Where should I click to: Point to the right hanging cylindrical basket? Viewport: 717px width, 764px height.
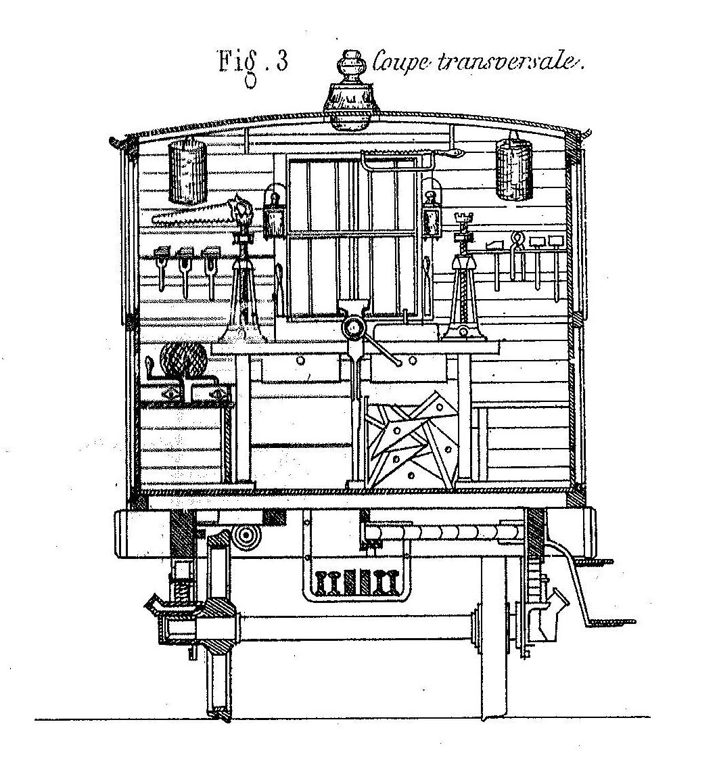pyautogui.click(x=514, y=168)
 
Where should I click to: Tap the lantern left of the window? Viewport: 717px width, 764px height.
pyautogui.click(x=274, y=214)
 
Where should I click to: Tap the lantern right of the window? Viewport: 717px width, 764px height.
pyautogui.click(x=432, y=215)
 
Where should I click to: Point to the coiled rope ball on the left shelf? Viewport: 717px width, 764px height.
pyautogui.click(x=183, y=359)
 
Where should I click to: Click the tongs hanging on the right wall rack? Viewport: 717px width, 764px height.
pyautogui.click(x=516, y=256)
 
